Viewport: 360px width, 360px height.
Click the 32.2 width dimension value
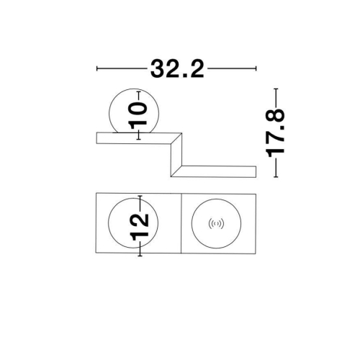177,69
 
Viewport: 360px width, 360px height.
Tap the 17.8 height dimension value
276,132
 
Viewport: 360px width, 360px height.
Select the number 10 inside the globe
138,115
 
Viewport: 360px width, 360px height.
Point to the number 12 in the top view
139,227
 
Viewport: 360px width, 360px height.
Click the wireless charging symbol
216,224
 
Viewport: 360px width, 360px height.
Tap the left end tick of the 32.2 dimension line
96,68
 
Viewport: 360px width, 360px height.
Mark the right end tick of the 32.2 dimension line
256,68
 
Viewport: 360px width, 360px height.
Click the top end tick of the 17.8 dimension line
276,89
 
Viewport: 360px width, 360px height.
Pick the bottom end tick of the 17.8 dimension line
276,177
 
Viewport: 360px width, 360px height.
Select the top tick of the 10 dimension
138,91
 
